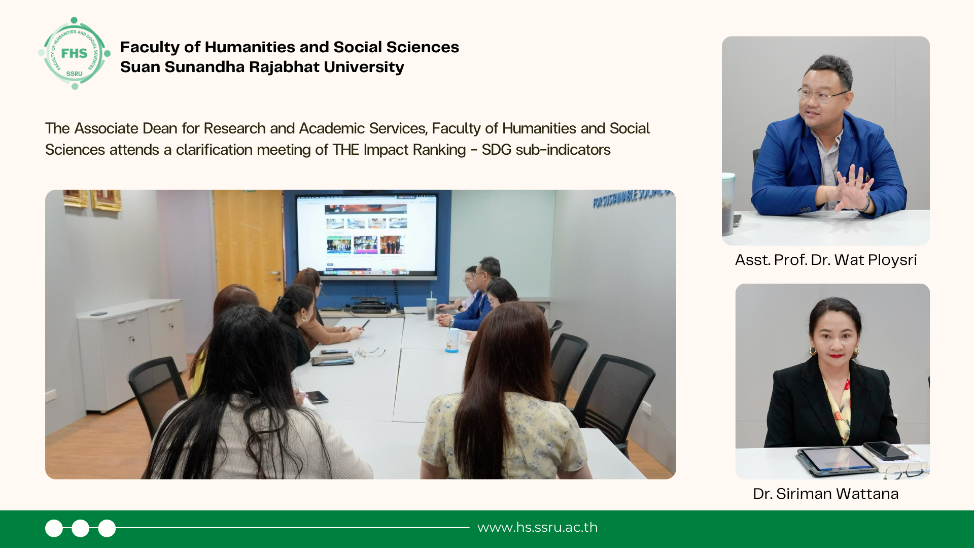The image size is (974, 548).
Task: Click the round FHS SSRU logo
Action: (75, 53)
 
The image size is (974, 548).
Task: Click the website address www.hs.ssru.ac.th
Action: (537, 527)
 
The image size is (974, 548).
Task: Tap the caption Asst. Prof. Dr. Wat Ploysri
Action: (826, 260)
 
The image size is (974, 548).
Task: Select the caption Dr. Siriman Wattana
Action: (825, 494)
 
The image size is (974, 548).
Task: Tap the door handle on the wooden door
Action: (275, 275)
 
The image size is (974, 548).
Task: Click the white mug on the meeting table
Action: (453, 340)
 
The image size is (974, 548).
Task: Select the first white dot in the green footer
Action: (54, 528)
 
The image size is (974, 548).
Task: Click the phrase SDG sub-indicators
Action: (546, 150)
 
